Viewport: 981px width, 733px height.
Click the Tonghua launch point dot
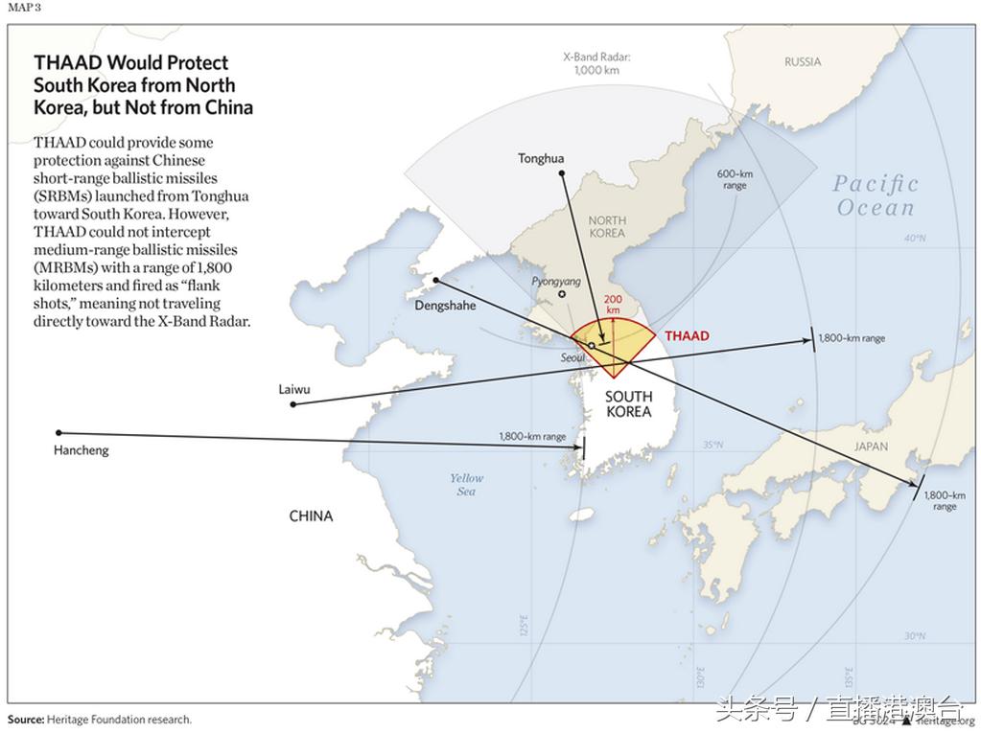tap(563, 173)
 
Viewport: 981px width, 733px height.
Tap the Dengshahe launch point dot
tap(435, 280)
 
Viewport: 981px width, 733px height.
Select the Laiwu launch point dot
tap(293, 404)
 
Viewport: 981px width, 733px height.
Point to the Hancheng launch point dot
tap(58, 433)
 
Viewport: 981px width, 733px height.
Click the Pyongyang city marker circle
tap(562, 293)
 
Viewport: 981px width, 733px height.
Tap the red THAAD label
tap(687, 336)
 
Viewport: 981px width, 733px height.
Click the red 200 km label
tap(613, 305)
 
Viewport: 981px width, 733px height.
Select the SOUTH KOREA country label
tap(628, 403)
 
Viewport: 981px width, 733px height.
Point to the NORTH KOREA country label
tap(607, 226)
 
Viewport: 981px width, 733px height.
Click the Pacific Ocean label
tap(876, 195)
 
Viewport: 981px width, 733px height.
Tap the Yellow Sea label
tap(467, 485)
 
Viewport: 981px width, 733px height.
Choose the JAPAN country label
tap(871, 447)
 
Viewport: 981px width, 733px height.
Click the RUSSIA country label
tap(803, 62)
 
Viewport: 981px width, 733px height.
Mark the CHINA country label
tap(312, 516)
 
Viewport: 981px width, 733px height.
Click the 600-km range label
tap(735, 179)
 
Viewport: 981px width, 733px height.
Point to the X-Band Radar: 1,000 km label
tap(596, 63)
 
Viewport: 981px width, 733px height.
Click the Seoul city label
tap(572, 357)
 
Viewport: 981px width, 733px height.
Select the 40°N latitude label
tap(915, 239)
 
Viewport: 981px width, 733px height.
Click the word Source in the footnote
tap(25, 720)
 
